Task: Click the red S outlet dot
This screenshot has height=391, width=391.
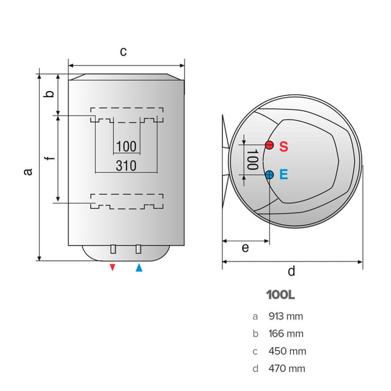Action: [269, 145]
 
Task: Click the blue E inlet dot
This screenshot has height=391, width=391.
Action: [269, 175]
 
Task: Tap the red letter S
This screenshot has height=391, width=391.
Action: [283, 147]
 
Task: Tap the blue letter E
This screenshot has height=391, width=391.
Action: [283, 174]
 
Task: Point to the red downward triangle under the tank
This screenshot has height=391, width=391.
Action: [112, 268]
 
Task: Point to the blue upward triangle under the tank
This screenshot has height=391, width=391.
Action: [139, 268]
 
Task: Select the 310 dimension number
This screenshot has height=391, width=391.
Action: [126, 166]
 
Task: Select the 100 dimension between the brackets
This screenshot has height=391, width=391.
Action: [126, 146]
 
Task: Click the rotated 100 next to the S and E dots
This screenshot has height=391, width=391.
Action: [252, 159]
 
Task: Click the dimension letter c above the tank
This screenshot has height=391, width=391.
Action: [123, 52]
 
